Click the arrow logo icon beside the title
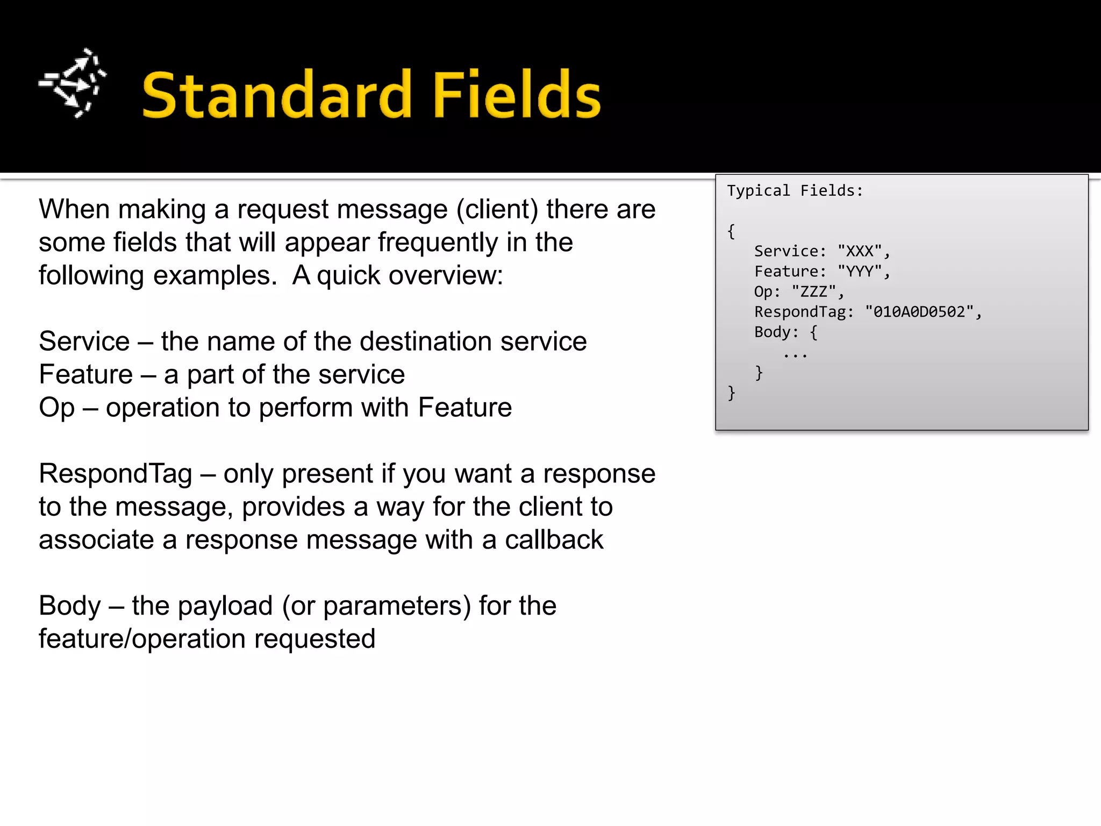(73, 83)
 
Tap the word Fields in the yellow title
(517, 95)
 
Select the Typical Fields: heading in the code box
(795, 191)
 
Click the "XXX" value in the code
(860, 251)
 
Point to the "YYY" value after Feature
(860, 272)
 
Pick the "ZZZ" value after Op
(814, 292)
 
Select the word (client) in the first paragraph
(497, 209)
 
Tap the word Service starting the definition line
(84, 341)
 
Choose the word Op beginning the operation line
(56, 408)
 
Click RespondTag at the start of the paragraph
(116, 474)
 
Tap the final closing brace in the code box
(731, 393)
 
